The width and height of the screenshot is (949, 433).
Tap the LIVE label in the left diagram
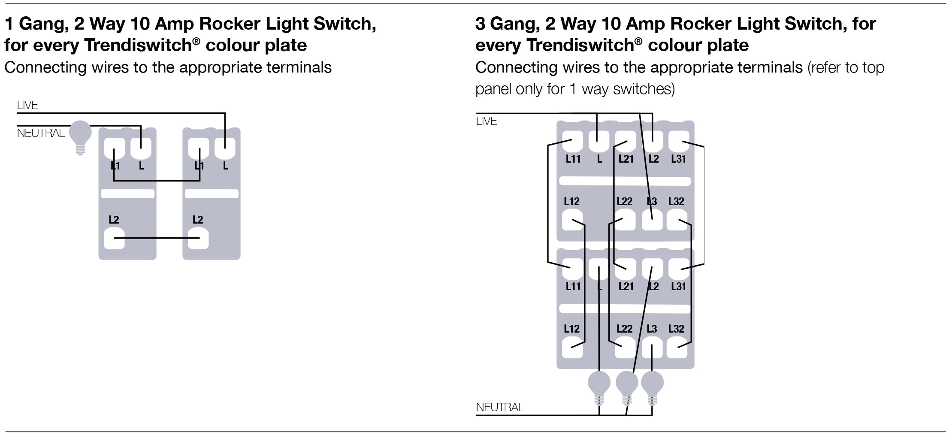coord(27,105)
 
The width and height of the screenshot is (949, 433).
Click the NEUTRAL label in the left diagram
coord(41,133)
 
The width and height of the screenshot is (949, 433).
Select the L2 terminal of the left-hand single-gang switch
coord(115,239)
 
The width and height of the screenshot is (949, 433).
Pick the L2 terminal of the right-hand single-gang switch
coord(198,239)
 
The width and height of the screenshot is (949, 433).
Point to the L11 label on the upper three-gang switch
coord(573,159)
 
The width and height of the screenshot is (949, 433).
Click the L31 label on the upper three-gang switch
coord(679,159)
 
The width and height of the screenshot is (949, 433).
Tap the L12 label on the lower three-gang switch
coord(571,329)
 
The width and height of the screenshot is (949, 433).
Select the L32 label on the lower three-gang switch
coord(676,329)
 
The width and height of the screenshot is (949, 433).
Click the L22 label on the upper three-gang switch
coord(625,202)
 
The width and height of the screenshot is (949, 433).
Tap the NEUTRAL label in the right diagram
coord(500,407)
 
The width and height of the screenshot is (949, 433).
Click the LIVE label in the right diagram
coord(487,121)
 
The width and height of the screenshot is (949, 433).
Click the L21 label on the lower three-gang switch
coord(626,287)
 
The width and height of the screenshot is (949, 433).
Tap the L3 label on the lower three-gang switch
coord(652,329)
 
